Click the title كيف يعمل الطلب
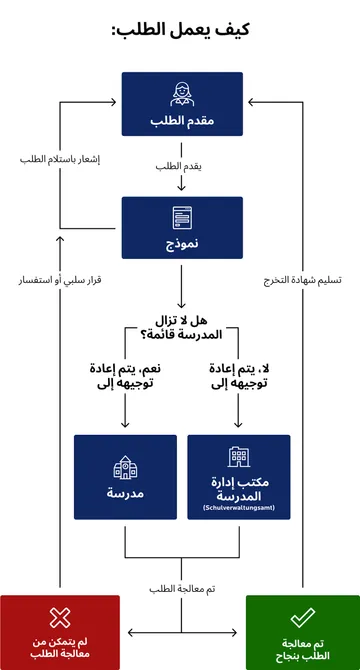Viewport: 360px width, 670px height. [180, 31]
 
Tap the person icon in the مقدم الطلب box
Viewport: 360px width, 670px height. [181, 93]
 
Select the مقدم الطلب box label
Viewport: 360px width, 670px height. [181, 120]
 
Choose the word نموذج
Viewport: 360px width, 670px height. [181, 243]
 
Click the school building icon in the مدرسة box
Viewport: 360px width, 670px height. [124, 467]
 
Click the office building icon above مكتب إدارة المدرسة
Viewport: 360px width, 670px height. [238, 457]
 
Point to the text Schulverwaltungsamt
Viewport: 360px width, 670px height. [238, 510]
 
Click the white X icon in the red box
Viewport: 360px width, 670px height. [60, 618]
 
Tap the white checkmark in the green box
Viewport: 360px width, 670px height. [302, 618]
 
